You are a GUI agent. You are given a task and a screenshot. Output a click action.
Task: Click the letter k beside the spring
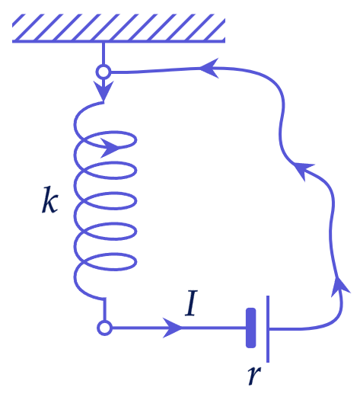tap(50, 200)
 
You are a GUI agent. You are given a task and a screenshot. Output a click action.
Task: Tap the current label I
tap(192, 303)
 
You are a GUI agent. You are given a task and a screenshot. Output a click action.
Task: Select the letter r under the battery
tap(254, 376)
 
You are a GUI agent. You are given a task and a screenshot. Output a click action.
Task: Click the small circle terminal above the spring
tap(104, 72)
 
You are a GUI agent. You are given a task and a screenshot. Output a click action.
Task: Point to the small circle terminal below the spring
tap(104, 328)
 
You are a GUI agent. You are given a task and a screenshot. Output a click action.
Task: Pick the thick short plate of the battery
tap(250, 328)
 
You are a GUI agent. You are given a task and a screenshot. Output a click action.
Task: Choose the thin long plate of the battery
tap(268, 329)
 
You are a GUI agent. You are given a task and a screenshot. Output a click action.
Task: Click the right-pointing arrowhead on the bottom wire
tap(173, 328)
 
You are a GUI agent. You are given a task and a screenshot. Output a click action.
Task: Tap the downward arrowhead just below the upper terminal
tap(104, 91)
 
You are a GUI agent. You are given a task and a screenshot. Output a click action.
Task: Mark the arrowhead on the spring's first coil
tap(110, 148)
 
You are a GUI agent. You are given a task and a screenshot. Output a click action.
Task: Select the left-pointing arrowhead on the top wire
tap(209, 68)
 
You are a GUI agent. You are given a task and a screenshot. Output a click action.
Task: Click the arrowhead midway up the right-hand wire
tap(302, 170)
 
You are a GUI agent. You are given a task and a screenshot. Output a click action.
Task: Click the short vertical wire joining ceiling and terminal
tap(104, 53)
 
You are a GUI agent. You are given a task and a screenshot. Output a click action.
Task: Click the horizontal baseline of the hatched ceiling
tap(119, 41)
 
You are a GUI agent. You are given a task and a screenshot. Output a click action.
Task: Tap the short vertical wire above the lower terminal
tap(104, 309)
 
